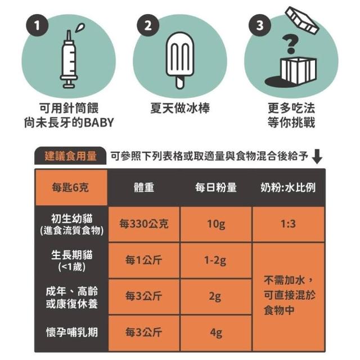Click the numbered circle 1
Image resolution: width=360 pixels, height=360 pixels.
(37, 25)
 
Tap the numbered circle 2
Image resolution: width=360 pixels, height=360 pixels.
(148, 25)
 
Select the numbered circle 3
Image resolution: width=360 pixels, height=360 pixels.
(260, 25)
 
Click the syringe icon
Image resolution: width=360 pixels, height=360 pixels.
(69, 59)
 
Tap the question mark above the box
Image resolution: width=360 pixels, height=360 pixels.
(291, 44)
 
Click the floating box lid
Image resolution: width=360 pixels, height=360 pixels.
(302, 20)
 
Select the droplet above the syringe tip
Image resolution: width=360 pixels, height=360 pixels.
(80, 28)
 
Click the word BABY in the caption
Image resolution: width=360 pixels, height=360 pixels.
(98, 123)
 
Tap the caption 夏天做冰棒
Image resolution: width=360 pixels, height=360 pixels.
(180, 108)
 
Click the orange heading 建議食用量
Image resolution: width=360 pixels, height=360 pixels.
(70, 156)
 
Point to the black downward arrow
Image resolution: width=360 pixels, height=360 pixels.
(317, 156)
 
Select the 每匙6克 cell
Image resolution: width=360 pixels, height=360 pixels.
(70, 187)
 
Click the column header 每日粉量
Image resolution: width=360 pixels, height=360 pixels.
(216, 187)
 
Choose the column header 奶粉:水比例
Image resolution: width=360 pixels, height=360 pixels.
(288, 187)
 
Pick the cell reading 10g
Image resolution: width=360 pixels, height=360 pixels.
(216, 224)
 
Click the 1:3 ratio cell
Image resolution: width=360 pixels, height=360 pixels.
(288, 224)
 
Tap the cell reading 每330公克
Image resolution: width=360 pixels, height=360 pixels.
(144, 224)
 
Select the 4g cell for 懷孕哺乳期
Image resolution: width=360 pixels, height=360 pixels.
(216, 332)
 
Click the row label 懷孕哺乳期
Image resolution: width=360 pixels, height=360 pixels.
(72, 332)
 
